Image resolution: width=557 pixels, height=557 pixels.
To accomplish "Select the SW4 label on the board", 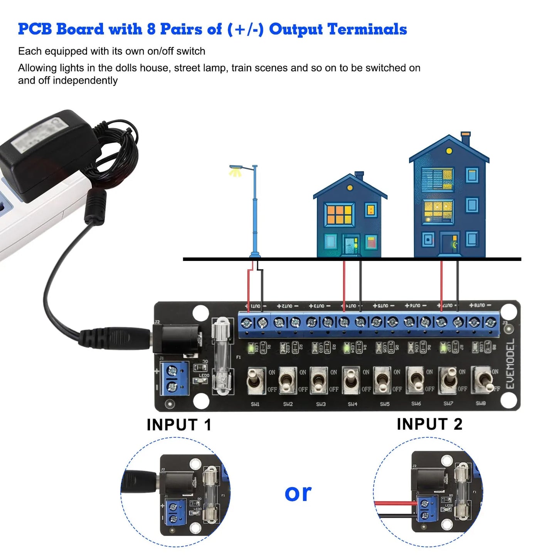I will click(x=352, y=404).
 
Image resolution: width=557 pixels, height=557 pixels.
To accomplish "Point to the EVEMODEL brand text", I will click(x=510, y=364).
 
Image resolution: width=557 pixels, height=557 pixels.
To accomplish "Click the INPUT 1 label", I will click(x=179, y=425).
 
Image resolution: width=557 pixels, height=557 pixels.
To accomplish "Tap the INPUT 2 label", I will click(x=429, y=424).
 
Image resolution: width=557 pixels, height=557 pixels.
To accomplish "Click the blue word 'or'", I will click(x=298, y=493).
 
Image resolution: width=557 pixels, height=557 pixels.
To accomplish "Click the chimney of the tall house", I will click(x=466, y=139).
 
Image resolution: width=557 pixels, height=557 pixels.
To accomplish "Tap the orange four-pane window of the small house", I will click(x=339, y=215).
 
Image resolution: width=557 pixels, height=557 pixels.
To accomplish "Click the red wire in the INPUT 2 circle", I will click(x=395, y=503).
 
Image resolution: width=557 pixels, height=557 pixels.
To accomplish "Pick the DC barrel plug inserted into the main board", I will click(x=116, y=337).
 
